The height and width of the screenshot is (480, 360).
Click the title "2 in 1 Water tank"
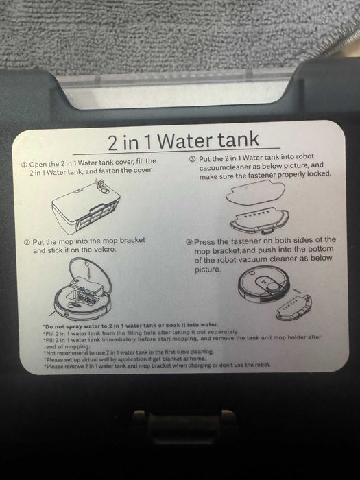point(183,141)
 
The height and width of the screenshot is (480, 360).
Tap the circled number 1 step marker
point(25,165)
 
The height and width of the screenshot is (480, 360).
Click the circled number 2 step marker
point(27,243)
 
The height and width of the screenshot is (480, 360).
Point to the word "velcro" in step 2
point(105,250)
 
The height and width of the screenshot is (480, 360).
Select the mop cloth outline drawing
point(255,193)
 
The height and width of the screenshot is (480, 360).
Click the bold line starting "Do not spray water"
point(131,326)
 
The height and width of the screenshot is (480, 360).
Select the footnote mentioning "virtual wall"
point(125,359)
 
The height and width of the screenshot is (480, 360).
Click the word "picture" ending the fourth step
point(208,269)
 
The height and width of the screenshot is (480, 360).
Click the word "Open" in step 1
point(38,164)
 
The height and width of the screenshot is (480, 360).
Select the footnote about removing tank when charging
point(157,365)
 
